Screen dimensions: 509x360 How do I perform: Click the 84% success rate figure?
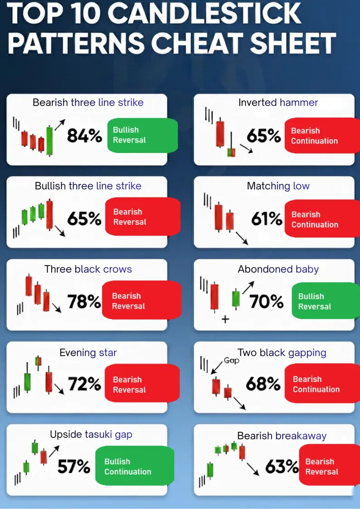[84, 135]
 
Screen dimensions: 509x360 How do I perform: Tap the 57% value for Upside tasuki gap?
[73, 466]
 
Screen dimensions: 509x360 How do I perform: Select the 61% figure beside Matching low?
[267, 219]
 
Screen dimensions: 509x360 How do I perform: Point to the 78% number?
[84, 301]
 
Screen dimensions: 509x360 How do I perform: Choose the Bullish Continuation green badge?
[135, 466]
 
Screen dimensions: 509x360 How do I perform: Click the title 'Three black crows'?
[88, 269]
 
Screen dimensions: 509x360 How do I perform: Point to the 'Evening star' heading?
[88, 352]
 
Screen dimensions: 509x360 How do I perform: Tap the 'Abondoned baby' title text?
[278, 269]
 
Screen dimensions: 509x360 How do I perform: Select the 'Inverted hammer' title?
[278, 102]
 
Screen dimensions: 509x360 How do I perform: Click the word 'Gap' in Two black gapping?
[231, 361]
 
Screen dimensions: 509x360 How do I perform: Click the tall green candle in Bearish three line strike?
[49, 140]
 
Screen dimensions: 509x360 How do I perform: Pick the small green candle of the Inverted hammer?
[232, 152]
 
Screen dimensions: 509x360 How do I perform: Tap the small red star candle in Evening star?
[38, 361]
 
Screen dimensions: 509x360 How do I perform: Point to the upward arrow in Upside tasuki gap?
[54, 451]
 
